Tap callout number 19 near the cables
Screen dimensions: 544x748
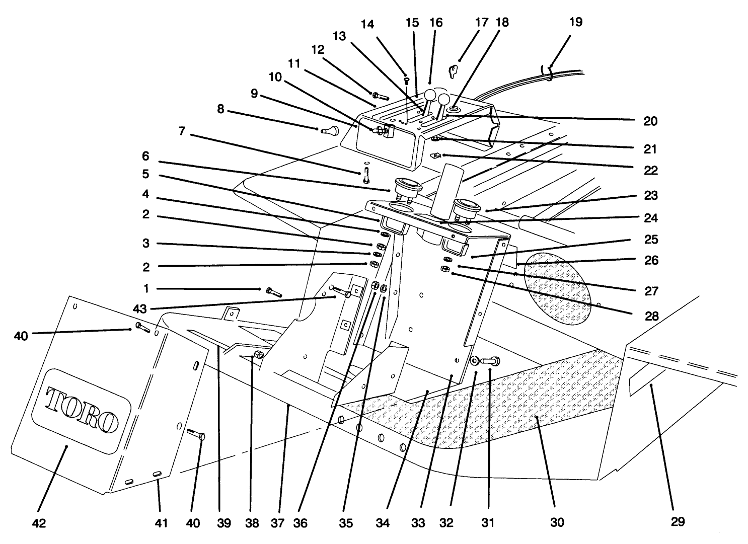[x=575, y=22]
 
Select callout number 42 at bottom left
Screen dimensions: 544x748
[x=39, y=523]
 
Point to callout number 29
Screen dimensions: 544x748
[x=678, y=522]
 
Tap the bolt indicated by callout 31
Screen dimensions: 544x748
[x=490, y=360]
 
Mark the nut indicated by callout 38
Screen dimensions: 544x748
[x=257, y=355]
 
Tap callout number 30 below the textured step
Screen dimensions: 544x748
[x=557, y=522]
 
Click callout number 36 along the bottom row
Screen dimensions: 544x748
[x=300, y=523]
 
